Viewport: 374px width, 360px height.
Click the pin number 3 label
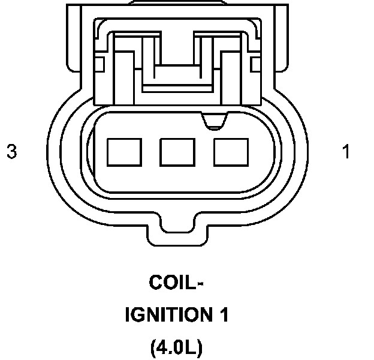click(x=11, y=152)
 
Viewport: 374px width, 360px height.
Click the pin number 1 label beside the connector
click(x=346, y=152)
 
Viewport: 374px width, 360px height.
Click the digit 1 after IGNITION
click(x=223, y=314)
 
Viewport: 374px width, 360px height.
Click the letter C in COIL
click(x=155, y=282)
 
